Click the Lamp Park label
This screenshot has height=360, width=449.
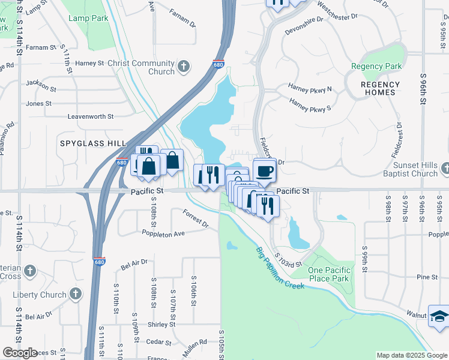point(88,19)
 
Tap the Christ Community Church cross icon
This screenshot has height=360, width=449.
point(184,66)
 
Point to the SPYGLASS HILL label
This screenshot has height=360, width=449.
point(93,143)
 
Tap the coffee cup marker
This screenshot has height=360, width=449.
point(264,171)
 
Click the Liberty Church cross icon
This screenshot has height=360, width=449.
point(75,294)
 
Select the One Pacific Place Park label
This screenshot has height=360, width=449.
point(328,274)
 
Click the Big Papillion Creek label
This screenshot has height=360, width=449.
point(280,268)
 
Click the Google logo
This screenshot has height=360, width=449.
point(19,353)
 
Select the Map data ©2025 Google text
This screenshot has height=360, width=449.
point(412,355)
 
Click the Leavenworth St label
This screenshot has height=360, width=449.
point(90,116)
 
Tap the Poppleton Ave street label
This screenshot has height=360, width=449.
point(163,233)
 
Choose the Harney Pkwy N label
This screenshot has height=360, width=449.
point(310,89)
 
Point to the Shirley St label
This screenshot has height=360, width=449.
point(161,324)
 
